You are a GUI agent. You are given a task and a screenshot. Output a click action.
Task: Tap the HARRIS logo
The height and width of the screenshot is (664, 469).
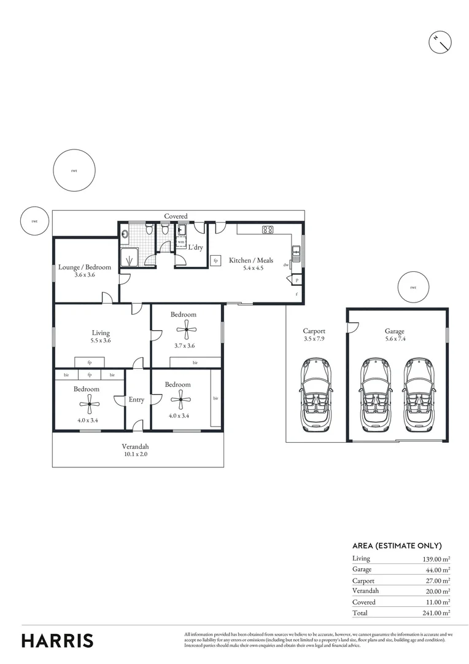pos(58,640)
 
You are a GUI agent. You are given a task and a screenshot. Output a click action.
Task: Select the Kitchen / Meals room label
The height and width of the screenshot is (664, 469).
pos(251,261)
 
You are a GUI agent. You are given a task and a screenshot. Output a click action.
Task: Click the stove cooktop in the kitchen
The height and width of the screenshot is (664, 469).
pos(268,230)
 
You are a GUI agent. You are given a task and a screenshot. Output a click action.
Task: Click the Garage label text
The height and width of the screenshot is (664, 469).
pos(395,331)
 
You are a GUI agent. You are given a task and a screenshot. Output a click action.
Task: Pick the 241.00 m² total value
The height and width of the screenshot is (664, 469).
pos(433,613)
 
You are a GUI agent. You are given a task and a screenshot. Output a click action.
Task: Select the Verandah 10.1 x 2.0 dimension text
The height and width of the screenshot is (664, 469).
pos(135,455)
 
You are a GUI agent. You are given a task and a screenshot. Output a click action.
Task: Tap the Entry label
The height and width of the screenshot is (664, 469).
pos(136,400)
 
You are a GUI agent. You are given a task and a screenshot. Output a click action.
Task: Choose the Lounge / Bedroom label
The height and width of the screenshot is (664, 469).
pos(85,267)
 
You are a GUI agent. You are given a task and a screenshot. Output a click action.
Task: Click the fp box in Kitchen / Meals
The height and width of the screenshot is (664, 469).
pos(215,261)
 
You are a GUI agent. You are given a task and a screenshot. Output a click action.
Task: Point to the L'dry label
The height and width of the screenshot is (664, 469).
pos(195,247)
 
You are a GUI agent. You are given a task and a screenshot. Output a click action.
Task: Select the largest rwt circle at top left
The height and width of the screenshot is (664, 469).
pos(74,170)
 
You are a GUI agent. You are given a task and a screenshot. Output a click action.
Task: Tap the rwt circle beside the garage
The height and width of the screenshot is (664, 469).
pos(413,287)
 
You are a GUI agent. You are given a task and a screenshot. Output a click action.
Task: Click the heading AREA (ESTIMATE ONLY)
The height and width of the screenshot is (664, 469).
pos(397,545)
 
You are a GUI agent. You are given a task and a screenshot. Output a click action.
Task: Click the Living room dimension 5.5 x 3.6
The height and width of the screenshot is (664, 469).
pos(101,340)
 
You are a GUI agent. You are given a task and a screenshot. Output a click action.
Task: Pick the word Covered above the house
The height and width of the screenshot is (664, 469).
pos(176,216)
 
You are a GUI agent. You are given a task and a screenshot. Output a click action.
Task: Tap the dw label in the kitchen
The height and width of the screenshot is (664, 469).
pos(285,265)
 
